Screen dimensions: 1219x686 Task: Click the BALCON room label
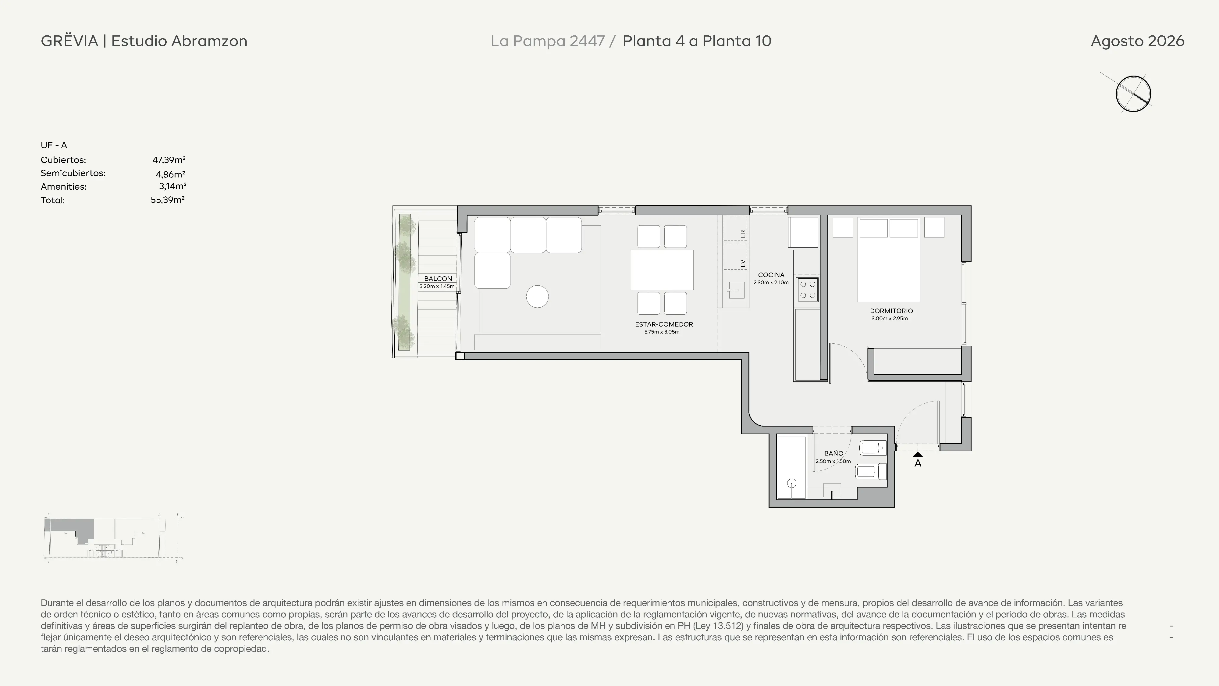[438, 278]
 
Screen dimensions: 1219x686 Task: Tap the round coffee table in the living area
[537, 297]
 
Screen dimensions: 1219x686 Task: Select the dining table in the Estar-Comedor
[662, 270]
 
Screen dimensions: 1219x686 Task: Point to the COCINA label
[771, 275]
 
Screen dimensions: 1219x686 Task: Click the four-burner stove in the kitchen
[807, 290]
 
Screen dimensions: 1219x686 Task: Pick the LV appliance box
[735, 257]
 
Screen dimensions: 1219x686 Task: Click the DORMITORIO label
[891, 311]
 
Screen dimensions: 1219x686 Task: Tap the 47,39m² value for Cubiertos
[169, 160]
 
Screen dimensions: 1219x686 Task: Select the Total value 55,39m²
[168, 200]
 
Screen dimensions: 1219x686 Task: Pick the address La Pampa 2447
[548, 41]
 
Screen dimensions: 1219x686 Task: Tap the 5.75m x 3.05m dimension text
[662, 332]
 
